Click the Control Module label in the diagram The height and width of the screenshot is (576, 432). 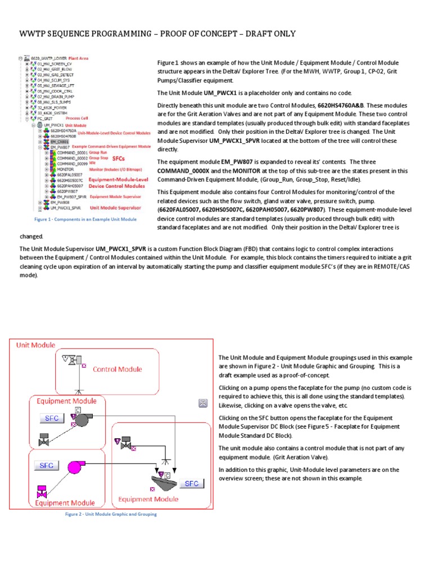coord(117,370)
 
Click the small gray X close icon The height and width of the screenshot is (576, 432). coord(203,403)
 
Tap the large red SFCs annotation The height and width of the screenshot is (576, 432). coord(119,159)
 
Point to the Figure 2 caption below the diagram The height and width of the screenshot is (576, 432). coord(111,514)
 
